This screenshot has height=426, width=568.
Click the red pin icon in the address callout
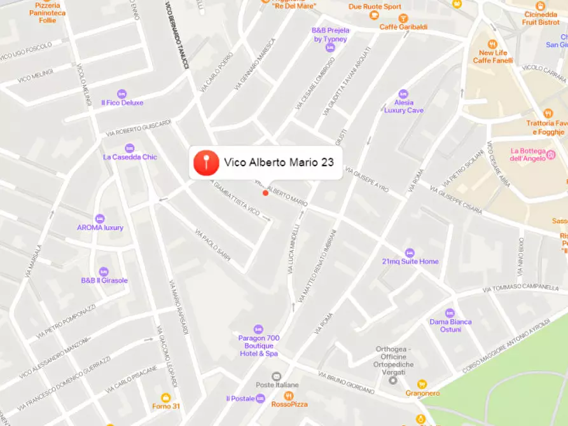206,163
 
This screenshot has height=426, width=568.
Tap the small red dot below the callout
265,193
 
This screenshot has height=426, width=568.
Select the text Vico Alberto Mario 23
279,163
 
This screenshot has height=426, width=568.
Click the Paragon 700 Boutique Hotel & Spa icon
258,329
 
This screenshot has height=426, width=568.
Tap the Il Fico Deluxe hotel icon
122,93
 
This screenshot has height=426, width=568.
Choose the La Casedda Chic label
130,157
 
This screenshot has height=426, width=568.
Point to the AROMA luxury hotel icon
100,219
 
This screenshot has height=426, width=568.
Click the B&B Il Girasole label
104,280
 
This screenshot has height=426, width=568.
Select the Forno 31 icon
166,397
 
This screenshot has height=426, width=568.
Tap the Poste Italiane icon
276,376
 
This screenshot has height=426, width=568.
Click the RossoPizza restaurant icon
289,395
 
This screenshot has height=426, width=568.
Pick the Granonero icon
422,384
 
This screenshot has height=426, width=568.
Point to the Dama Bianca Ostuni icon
450,313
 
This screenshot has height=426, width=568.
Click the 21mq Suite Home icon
410,252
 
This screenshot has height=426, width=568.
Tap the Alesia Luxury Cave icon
403,93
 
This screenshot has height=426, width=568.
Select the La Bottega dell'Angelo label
528,155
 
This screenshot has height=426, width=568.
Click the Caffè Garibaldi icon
403,18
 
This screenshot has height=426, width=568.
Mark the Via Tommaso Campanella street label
520,288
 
